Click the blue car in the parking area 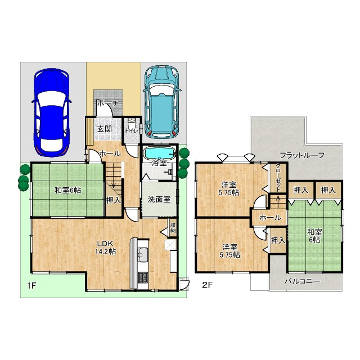click(x=51, y=112)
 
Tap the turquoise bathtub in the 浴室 click(x=159, y=153)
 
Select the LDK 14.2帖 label click(x=105, y=247)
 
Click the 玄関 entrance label click(x=105, y=129)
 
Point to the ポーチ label click(x=108, y=103)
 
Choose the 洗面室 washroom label click(x=159, y=199)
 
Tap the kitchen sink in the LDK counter click(x=143, y=254)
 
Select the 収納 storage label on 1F click(x=173, y=227)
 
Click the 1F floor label click(x=31, y=286)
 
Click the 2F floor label click(x=207, y=285)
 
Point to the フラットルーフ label click(x=301, y=155)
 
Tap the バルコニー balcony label click(x=302, y=281)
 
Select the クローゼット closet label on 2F click(x=278, y=177)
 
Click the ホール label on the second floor click(x=270, y=218)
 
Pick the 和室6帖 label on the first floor click(x=67, y=190)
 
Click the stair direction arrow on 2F click(x=278, y=201)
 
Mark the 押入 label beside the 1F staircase click(x=114, y=200)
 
